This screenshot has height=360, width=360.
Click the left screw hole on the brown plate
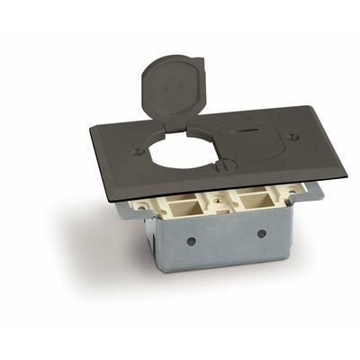pos(138,152)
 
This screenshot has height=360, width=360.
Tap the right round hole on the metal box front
pos(261,234)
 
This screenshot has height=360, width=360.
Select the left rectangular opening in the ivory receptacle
pos(168,207)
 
